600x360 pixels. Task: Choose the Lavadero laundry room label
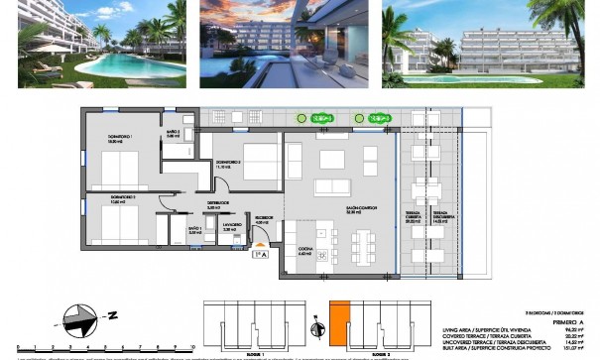tap(229, 227)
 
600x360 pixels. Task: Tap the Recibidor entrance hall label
tap(264, 220)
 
